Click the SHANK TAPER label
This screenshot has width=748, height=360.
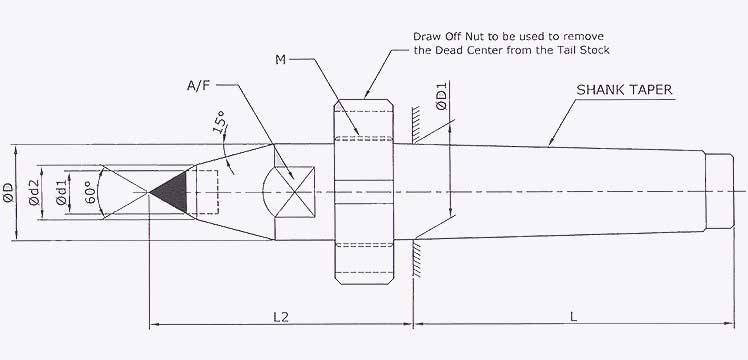pyautogui.click(x=623, y=90)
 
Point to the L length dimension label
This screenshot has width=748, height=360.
pyautogui.click(x=572, y=316)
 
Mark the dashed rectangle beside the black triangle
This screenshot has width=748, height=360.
pyautogui.click(x=204, y=190)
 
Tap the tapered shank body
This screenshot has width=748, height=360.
pyautogui.click(x=560, y=190)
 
